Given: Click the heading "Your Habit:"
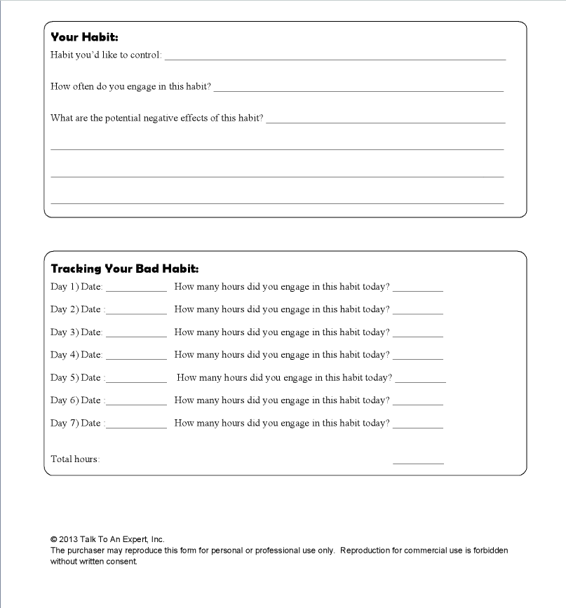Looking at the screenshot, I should click(84, 37).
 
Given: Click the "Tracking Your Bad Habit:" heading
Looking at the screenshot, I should click(125, 269).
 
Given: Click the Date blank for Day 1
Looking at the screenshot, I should click(136, 288).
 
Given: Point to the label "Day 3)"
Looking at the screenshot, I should click(60, 332).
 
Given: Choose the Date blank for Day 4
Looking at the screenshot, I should click(136, 357).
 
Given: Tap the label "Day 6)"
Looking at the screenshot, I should click(60, 400).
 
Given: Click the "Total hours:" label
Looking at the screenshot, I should click(75, 459).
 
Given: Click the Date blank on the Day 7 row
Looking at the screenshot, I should click(136, 426).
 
